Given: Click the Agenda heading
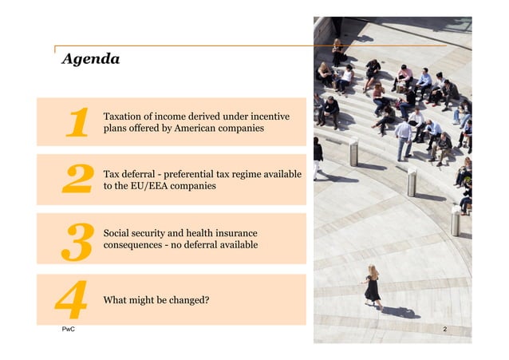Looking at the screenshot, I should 91,59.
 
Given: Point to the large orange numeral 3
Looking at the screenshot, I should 77,239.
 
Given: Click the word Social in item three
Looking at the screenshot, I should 117,233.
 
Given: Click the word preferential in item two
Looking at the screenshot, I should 197,175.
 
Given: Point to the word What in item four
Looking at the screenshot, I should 116,301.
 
